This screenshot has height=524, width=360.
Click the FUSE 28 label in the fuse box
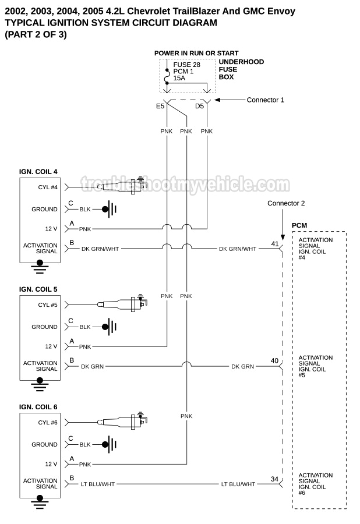pyautogui.click(x=186, y=65)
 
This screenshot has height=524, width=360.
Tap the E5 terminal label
pyautogui.click(x=160, y=107)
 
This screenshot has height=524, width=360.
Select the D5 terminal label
pyautogui.click(x=200, y=107)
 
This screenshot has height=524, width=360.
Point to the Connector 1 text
pyautogui.click(x=265, y=100)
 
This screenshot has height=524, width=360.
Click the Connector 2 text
pyautogui.click(x=286, y=203)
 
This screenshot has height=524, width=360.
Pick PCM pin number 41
pyautogui.click(x=275, y=243)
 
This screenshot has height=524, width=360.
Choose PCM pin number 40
pyautogui.click(x=274, y=361)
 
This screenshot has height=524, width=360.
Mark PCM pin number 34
pyautogui.click(x=274, y=479)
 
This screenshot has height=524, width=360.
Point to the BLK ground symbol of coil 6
pyautogui.click(x=107, y=444)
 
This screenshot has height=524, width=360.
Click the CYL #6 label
pyautogui.click(x=48, y=422)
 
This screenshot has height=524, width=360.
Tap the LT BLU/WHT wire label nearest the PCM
pyautogui.click(x=238, y=484)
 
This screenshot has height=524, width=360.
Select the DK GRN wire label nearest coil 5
pyautogui.click(x=93, y=366)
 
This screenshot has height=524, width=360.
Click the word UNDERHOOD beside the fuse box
pyautogui.click(x=241, y=62)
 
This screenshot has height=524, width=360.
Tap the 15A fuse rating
pyautogui.click(x=180, y=77)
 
